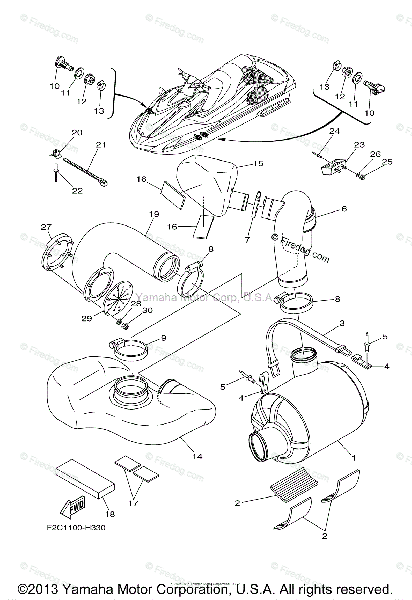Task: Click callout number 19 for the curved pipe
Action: [154, 214]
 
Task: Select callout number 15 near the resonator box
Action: [258, 163]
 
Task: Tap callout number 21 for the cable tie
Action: [101, 145]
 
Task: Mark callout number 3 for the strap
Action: [342, 323]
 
